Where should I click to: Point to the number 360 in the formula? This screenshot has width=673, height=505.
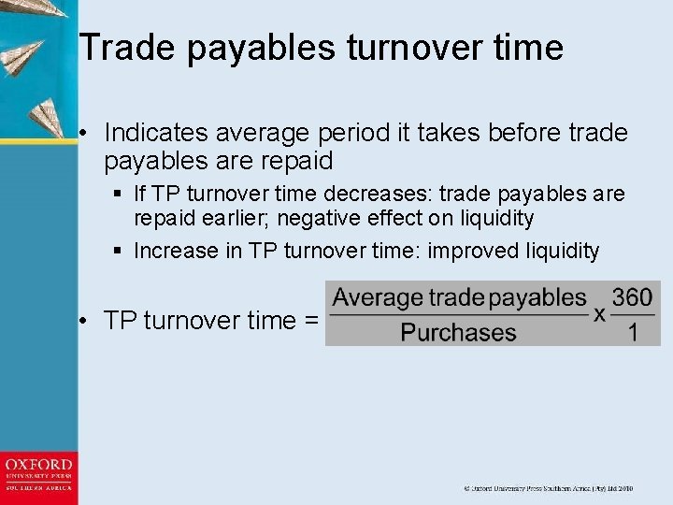pos(633,298)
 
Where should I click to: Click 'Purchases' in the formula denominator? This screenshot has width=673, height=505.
pos(458,332)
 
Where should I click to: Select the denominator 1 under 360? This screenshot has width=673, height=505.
pos(634,332)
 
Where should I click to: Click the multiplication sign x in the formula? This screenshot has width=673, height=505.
pos(599,314)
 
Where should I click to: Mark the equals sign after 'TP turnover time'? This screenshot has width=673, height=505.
pos(311,321)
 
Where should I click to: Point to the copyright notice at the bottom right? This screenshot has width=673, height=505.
pos(549,488)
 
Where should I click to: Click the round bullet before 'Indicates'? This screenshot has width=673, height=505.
pos(84,134)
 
